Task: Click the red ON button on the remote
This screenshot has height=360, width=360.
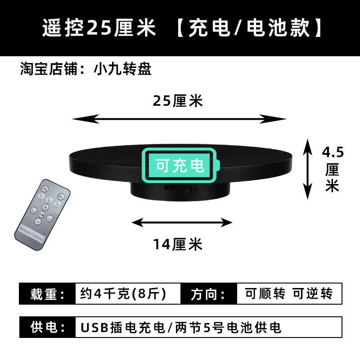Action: [x=45, y=188]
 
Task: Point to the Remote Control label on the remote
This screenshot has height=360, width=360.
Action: [x=32, y=234]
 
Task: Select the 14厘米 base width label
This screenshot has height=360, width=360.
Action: [x=178, y=245]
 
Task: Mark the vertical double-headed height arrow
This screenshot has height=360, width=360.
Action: [x=308, y=168]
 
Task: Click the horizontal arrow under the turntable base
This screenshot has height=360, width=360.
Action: [x=182, y=222]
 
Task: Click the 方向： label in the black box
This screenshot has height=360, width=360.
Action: [x=208, y=294]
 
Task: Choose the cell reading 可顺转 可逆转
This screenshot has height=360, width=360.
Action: [x=289, y=294]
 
